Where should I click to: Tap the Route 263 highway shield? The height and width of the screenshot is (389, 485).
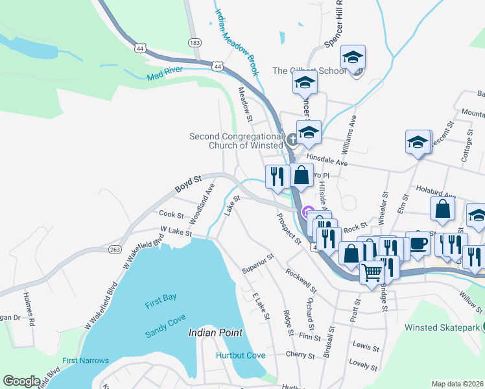115,249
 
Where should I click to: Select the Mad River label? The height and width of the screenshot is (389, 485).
162,76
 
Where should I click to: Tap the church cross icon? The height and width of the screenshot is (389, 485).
292,138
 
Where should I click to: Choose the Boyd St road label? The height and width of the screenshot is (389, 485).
189,184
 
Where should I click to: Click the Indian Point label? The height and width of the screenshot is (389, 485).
215,333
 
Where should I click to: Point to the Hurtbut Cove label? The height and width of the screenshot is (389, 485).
241,355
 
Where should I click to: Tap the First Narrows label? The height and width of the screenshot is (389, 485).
85,360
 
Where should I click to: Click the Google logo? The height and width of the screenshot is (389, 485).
21,381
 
